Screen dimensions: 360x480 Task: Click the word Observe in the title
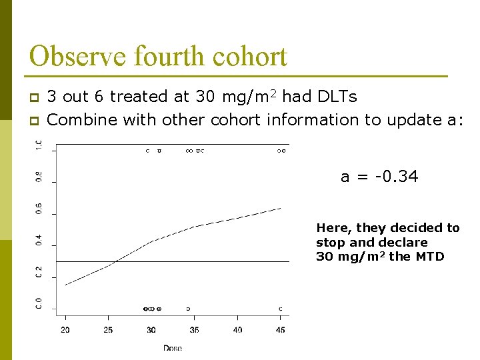(71, 56)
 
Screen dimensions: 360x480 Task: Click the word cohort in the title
(250, 56)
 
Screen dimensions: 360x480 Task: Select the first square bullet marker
(35, 98)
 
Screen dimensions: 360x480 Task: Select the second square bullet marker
(35, 121)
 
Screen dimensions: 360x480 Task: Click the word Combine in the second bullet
(78, 120)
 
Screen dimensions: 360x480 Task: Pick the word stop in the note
(329, 243)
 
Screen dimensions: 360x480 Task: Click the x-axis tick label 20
(65, 330)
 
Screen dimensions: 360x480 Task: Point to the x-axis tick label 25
(108, 330)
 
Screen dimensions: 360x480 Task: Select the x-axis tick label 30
(151, 330)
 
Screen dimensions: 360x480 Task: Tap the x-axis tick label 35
(194, 330)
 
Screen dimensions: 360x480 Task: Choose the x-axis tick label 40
(237, 330)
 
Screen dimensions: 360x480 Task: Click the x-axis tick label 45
(281, 330)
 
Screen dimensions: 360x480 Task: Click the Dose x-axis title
(173, 347)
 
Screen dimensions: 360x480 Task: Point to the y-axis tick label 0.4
(38, 239)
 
